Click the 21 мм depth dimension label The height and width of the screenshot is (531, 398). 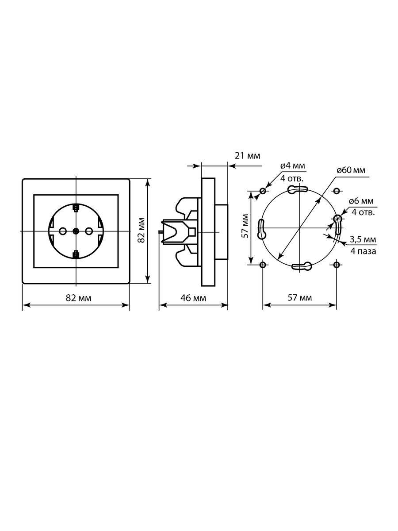point(248,156)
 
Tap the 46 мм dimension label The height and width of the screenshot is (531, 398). point(193,298)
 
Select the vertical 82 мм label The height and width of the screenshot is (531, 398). point(141,230)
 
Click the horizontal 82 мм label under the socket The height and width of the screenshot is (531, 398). point(79,298)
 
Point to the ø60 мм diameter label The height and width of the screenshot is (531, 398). point(351,170)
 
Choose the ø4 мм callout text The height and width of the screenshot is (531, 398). point(293,165)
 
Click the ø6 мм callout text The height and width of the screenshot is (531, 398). point(361,201)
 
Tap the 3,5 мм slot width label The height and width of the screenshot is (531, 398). point(363,239)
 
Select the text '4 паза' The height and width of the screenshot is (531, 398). point(364,251)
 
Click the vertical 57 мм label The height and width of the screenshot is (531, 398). point(245,226)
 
